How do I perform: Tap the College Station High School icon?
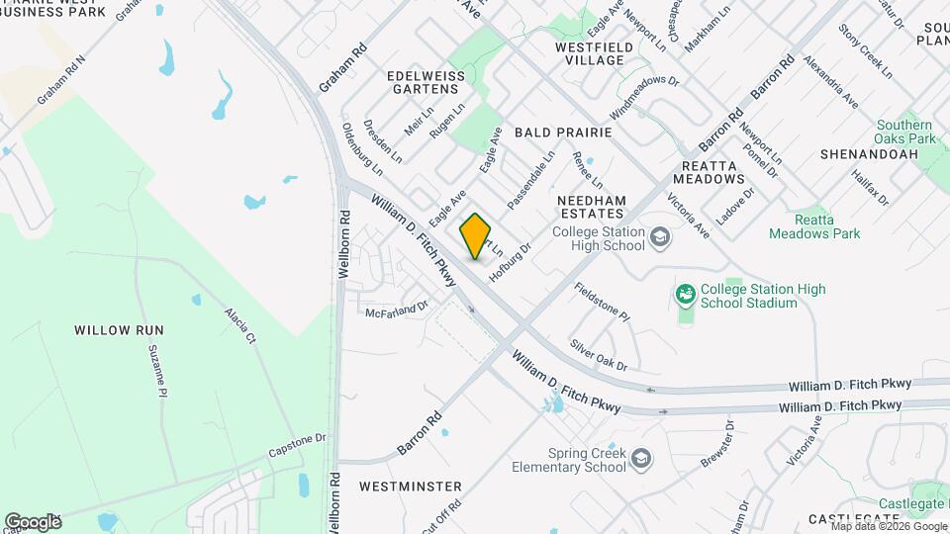click(660, 238)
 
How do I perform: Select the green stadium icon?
click(684, 294)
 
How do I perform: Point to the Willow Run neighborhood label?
click(118, 329)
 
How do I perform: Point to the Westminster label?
click(411, 487)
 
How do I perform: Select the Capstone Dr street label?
click(297, 445)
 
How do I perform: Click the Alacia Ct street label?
click(240, 323)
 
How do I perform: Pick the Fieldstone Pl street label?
click(602, 302)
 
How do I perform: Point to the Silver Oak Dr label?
click(599, 356)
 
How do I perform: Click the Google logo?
click(34, 522)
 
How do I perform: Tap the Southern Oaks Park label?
click(904, 133)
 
